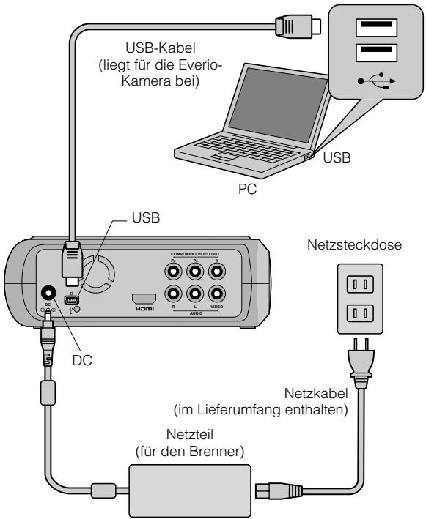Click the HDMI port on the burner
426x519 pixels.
[144, 299]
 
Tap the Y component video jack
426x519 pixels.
[216, 272]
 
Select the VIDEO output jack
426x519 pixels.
[216, 295]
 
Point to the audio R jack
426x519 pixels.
[174, 295]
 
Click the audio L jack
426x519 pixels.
[195, 295]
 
